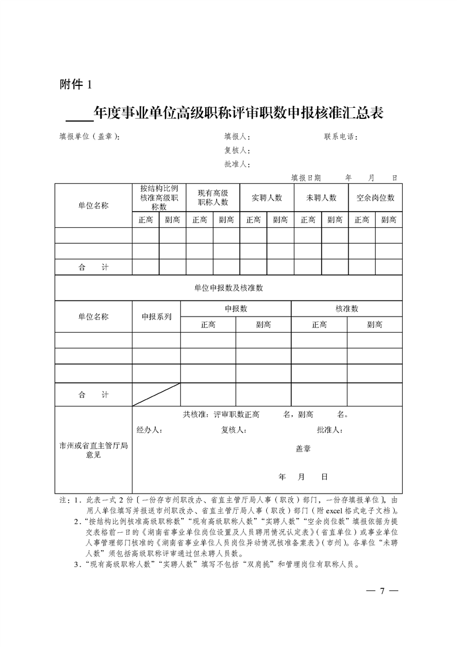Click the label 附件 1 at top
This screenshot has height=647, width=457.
[76, 85]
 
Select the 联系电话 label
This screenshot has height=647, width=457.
[341, 137]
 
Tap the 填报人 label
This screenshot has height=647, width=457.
[236, 137]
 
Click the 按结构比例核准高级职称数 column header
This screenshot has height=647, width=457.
[159, 198]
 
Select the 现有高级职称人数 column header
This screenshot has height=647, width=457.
[213, 198]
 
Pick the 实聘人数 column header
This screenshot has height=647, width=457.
[267, 198]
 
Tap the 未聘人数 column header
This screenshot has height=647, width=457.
[321, 198]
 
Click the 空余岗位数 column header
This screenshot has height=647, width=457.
[375, 198]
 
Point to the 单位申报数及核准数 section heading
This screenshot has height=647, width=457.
[228, 288]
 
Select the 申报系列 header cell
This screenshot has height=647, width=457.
[156, 317]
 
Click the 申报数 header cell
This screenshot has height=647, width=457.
[236, 309]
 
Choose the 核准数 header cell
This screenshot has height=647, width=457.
[346, 309]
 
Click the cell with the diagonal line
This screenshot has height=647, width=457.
[156, 394]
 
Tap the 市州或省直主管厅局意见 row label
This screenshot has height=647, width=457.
[93, 450]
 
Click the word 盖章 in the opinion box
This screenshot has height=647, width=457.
[303, 449]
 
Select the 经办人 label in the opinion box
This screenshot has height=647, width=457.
[149, 430]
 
